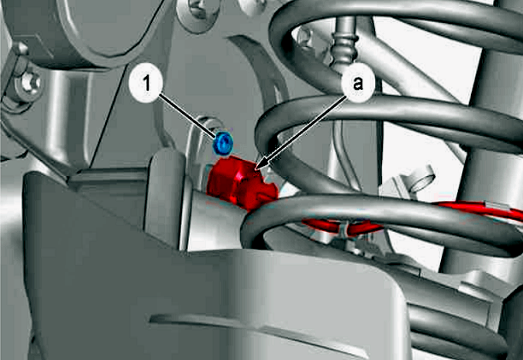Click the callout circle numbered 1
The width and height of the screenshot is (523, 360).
[146, 84]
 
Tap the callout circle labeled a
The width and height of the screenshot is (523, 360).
[357, 84]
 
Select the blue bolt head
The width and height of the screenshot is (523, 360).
[223, 143]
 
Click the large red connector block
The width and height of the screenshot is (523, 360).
[242, 183]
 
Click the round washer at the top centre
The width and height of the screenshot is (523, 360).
[197, 14]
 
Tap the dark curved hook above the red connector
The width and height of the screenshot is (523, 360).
[263, 77]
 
